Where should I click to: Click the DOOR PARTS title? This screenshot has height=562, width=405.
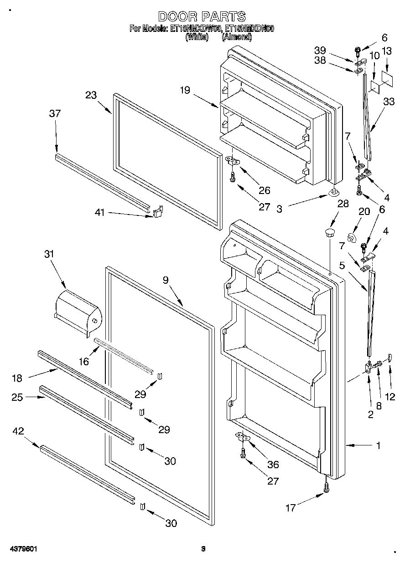coord(202,17)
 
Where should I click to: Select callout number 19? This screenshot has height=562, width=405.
coord(184,90)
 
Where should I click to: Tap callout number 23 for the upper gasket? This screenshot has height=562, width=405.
coord(91,95)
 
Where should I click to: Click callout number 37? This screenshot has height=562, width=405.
coord(55,114)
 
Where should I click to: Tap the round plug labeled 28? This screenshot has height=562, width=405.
coord(329,234)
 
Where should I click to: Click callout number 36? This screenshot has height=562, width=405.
coord(273,465)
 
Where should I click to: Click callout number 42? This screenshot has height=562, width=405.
coord(19,430)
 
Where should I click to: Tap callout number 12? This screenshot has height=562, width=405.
coord(390,396)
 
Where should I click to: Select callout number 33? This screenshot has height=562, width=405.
coord(389,102)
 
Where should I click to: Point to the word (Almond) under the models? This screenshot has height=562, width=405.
coord(237,37)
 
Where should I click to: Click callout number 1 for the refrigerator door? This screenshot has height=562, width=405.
coord(378,446)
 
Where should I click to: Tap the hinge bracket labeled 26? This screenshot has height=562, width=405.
coord(234,161)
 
